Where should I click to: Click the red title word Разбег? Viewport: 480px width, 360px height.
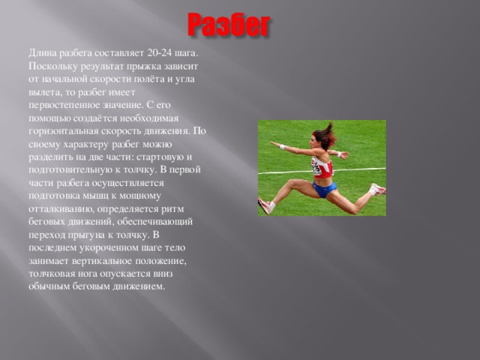coord(229,25)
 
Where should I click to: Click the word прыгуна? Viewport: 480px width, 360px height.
coord(86,235)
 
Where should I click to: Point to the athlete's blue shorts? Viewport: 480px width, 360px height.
coord(325,189)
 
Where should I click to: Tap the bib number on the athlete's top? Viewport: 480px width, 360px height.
coord(316,166)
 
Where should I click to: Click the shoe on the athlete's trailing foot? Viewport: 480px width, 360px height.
coord(378,190)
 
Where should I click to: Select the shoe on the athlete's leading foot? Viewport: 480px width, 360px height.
coord(265,205)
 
